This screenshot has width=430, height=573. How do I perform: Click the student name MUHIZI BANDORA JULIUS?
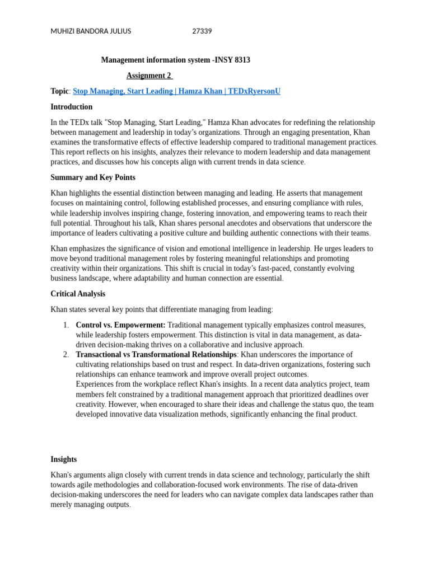[x=91, y=31]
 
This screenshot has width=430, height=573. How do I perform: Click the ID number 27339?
[x=202, y=31]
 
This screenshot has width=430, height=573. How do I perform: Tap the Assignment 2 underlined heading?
[x=149, y=76]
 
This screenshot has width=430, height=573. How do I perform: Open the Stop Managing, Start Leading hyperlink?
[x=123, y=91]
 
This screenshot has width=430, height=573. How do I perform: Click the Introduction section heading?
[x=72, y=107]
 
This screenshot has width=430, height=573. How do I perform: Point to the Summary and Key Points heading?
[x=93, y=177]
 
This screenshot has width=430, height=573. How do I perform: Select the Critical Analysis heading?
[x=78, y=294]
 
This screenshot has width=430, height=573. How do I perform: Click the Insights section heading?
[x=64, y=459]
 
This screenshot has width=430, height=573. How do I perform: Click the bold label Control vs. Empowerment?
[x=120, y=325]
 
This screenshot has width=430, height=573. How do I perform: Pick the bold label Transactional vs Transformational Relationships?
[x=156, y=355]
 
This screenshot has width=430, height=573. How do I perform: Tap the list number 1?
[x=66, y=325]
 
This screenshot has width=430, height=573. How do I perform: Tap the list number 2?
[x=66, y=355]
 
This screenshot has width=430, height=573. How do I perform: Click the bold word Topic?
[x=59, y=91]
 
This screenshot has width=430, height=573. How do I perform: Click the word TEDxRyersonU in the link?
[x=255, y=91]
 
